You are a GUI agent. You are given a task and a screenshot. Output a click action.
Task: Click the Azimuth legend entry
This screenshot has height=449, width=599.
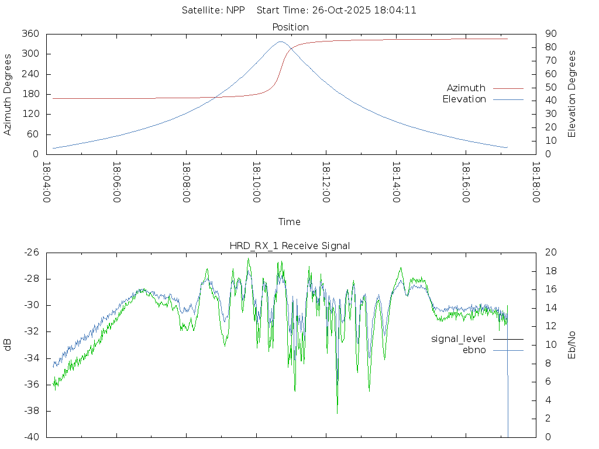[466, 88]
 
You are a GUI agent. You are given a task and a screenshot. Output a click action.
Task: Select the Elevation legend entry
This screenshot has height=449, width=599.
[464, 99]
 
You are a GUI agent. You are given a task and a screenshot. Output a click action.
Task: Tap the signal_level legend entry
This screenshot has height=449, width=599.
[458, 339]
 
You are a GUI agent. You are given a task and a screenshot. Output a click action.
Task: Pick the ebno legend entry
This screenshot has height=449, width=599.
[474, 350]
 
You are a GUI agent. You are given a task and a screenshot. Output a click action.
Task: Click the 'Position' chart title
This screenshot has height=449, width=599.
[291, 27]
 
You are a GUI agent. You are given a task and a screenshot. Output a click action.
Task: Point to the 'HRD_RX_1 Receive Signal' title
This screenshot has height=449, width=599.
[290, 246]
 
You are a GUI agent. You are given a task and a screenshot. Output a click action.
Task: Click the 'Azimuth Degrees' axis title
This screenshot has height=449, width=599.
[8, 94]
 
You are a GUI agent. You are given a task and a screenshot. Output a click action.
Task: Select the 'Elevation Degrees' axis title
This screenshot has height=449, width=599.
[572, 94]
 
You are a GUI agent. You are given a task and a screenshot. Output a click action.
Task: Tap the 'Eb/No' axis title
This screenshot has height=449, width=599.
[572, 344]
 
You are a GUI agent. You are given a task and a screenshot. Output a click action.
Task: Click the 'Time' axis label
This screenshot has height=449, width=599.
[290, 222]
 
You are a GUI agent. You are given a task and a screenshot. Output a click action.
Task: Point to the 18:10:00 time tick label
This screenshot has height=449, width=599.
[256, 182]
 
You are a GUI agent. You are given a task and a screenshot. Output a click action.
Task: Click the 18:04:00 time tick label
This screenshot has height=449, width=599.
[47, 182]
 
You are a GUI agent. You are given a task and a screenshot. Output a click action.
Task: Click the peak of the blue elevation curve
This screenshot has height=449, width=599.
[281, 42]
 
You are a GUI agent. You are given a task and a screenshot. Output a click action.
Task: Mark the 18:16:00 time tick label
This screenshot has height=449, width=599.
[466, 182]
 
